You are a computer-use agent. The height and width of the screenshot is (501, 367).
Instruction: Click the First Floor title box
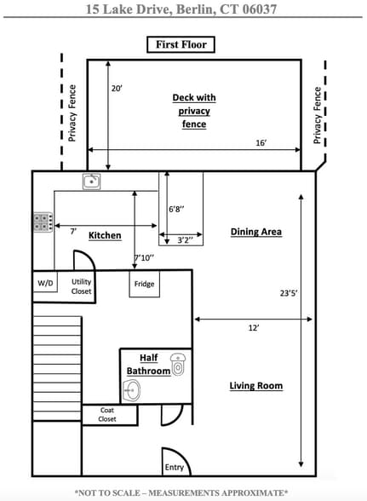pyautogui.click(x=181, y=44)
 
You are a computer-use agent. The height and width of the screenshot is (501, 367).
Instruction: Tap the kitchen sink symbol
pyautogui.click(x=92, y=181)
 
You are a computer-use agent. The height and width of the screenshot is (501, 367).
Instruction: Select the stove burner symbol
pyautogui.click(x=43, y=222)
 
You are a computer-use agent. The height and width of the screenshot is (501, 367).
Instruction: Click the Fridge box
pyautogui.click(x=145, y=284)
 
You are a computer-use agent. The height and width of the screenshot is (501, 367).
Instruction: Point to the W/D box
pyautogui.click(x=45, y=282)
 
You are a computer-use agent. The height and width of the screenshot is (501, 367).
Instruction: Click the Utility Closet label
pyautogui.click(x=81, y=286)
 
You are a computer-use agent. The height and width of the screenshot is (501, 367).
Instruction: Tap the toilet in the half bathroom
pyautogui.click(x=178, y=365)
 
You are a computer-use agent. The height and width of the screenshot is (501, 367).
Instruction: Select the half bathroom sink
pyautogui.click(x=132, y=390)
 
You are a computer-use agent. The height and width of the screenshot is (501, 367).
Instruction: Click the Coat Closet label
pyautogui.click(x=107, y=414)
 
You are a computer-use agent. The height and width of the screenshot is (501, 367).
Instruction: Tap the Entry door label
pyautogui.click(x=174, y=468)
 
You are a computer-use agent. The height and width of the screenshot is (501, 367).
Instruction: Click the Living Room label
pyautogui.click(x=256, y=386)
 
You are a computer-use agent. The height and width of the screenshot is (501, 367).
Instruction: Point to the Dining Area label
pyautogui.click(x=256, y=232)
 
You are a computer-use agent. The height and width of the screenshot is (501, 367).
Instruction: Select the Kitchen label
pyautogui.click(x=105, y=235)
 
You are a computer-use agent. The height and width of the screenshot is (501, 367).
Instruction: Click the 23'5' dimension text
pyautogui.click(x=289, y=293)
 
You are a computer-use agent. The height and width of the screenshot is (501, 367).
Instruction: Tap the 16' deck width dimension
pyautogui.click(x=261, y=143)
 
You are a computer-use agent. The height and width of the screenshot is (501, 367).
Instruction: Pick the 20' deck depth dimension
pyautogui.click(x=117, y=89)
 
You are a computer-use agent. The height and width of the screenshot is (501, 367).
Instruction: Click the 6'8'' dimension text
pyautogui.click(x=176, y=209)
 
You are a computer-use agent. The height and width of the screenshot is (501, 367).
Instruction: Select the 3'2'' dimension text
pyautogui.click(x=185, y=240)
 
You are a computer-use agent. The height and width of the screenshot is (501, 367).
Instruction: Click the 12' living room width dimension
pyautogui.click(x=254, y=328)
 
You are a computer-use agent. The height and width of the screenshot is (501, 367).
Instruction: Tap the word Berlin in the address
pyautogui.click(x=194, y=9)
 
